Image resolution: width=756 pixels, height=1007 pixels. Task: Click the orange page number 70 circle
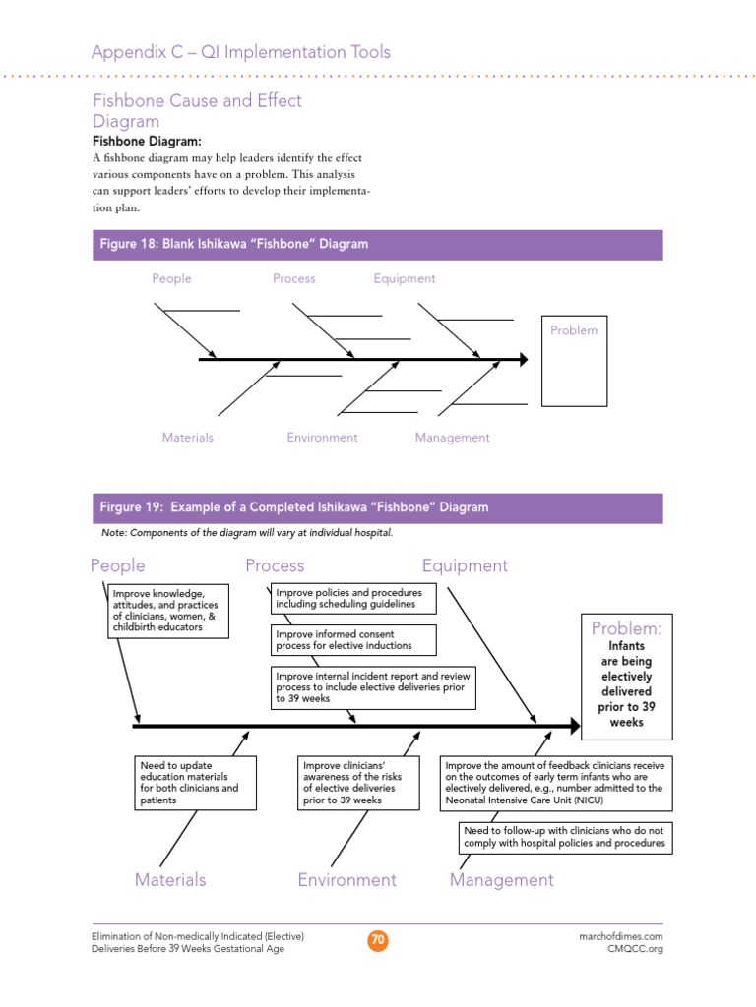378,941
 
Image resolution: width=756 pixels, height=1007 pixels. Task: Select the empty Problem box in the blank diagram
574,361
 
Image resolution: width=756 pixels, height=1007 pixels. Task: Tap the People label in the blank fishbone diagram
171,278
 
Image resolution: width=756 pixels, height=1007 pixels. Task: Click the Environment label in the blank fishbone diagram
322,438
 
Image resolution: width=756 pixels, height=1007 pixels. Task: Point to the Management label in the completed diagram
501,880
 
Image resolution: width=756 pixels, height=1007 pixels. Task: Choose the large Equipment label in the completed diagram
465,565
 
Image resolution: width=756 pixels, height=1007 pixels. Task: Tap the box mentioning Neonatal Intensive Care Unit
555,783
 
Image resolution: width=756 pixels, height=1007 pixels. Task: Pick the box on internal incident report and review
373,687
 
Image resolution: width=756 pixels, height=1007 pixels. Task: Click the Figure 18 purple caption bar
377,245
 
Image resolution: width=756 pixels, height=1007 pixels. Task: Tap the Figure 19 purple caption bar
377,507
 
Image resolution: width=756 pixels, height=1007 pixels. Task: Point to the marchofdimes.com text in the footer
620,937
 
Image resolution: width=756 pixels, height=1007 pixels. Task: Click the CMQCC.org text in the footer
635,950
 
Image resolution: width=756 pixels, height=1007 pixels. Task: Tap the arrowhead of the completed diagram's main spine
574,726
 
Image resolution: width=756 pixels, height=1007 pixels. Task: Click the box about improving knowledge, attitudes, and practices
168,611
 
